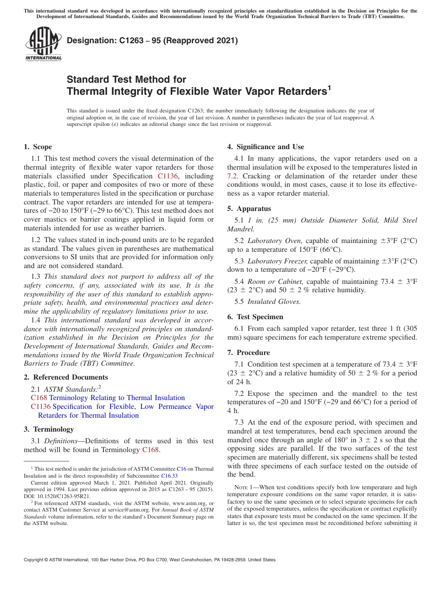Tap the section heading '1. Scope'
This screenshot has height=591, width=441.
[x=38, y=147]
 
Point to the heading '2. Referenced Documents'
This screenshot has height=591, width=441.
[x=65, y=377]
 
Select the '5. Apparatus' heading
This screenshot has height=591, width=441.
[x=249, y=209]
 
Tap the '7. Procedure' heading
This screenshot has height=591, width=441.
[x=248, y=353]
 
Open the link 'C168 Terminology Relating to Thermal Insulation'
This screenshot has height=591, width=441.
[x=108, y=398]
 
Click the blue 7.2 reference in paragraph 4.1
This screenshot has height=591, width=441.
[x=233, y=176]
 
